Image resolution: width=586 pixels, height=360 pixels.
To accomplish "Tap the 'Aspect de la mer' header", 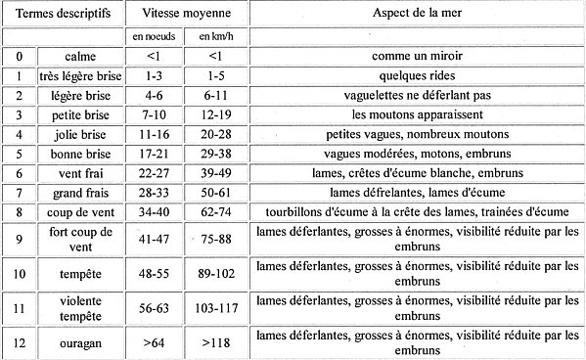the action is [x=418, y=16].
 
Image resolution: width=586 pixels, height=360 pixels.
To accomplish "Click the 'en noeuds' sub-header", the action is [x=154, y=36].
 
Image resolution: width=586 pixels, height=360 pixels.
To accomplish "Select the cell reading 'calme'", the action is [x=78, y=58].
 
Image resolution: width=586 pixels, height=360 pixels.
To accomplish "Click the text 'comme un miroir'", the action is [x=418, y=58].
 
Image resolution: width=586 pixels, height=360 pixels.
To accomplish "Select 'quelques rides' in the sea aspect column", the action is [x=418, y=75].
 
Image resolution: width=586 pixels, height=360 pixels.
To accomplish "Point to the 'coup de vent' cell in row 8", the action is [x=78, y=211].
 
